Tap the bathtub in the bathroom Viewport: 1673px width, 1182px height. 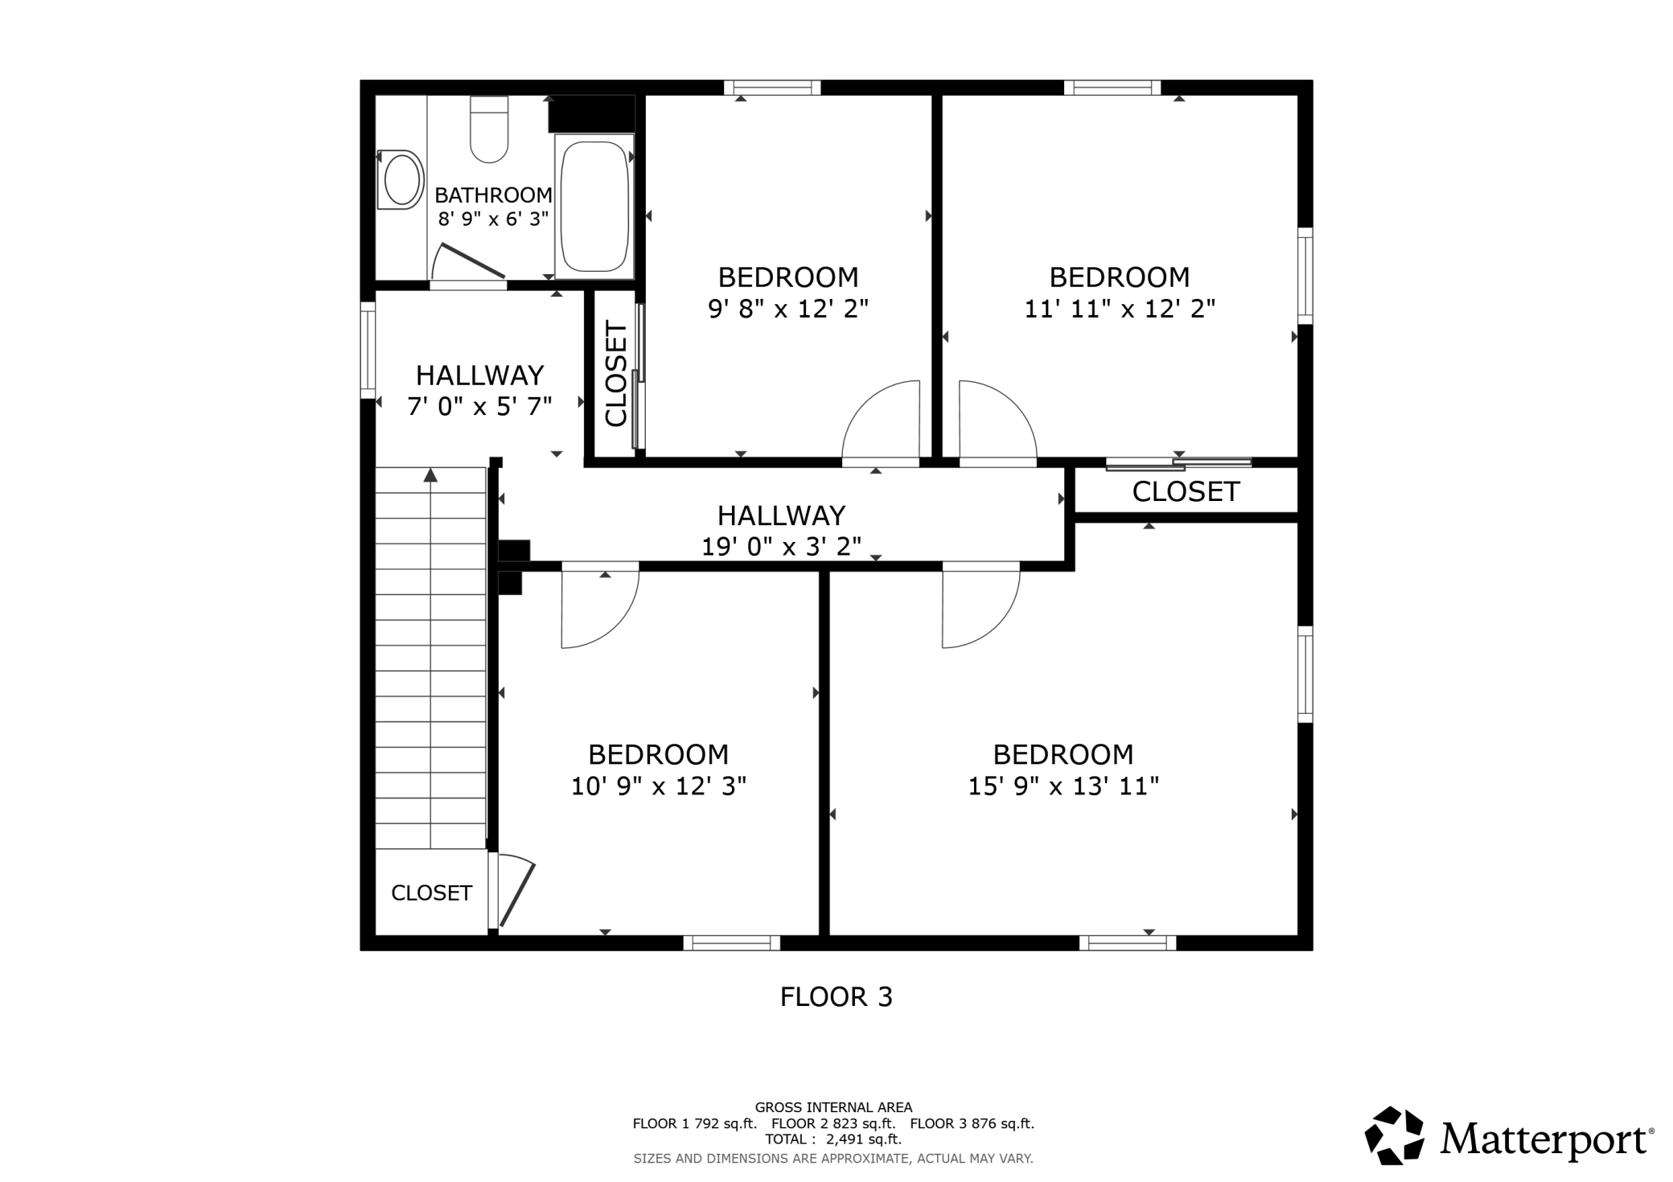(594, 207)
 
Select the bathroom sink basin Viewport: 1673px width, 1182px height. (402, 180)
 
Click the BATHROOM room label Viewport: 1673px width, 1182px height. (493, 195)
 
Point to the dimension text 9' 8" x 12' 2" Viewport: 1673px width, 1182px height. (788, 309)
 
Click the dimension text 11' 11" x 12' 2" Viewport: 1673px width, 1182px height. (1120, 309)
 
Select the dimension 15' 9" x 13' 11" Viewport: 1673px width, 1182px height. (1063, 786)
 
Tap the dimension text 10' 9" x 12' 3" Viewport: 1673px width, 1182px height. (659, 786)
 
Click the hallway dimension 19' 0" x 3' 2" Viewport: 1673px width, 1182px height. (782, 547)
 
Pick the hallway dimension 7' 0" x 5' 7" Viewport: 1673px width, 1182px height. (480, 407)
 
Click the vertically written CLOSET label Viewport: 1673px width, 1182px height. (616, 374)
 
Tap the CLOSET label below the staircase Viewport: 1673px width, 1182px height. (431, 893)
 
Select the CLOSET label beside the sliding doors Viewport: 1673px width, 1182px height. (1186, 491)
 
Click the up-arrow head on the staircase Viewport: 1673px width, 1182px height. (431, 474)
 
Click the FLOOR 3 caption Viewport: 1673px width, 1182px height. (836, 997)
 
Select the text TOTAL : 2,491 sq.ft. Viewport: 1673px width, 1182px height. (833, 1139)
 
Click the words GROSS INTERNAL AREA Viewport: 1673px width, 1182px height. (833, 1107)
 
